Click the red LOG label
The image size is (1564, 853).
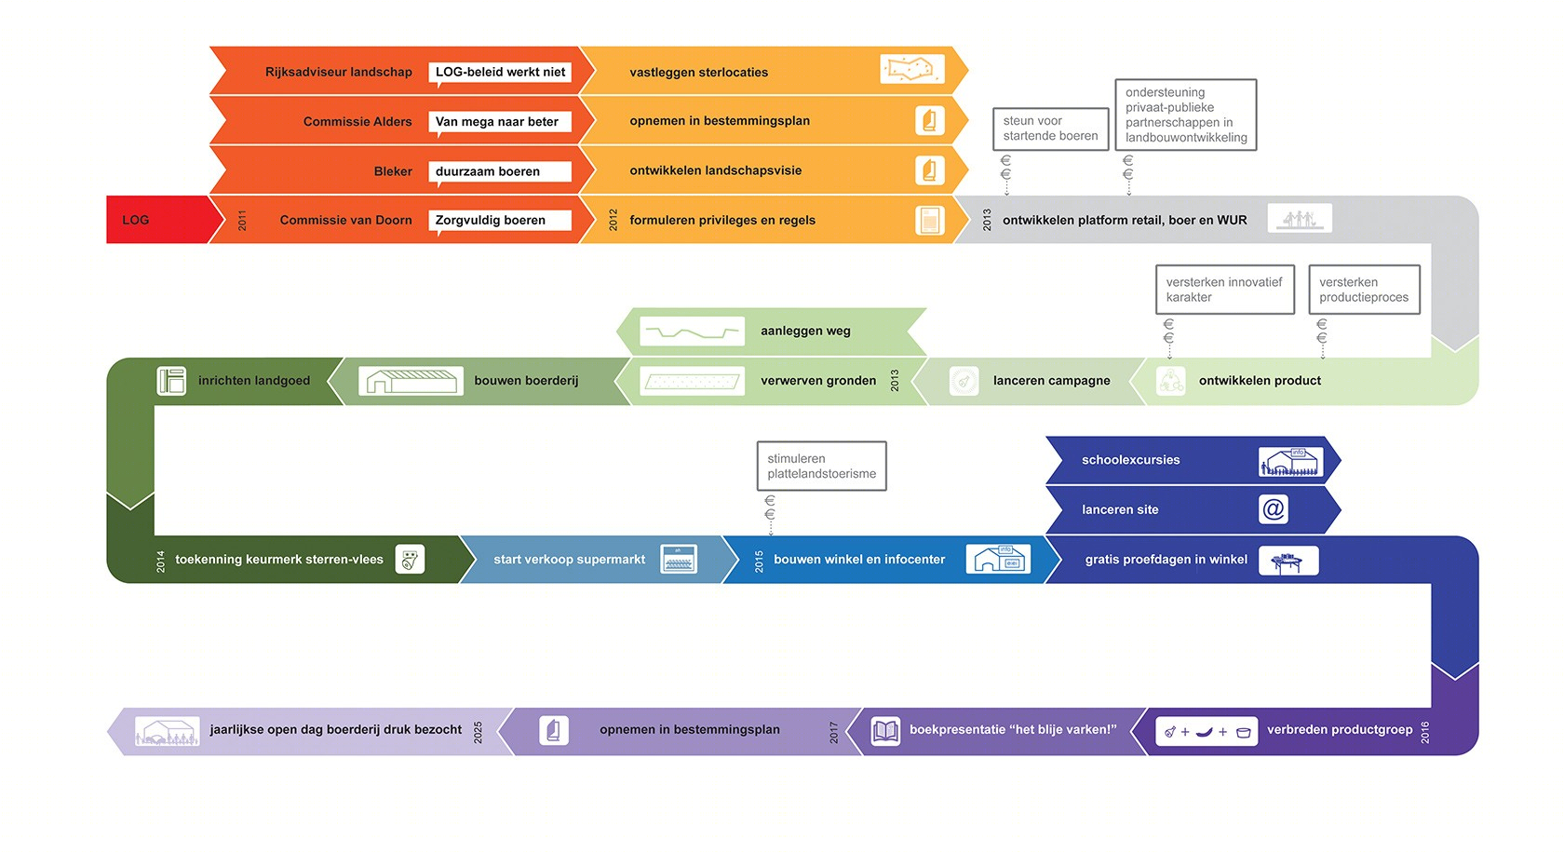point(136,220)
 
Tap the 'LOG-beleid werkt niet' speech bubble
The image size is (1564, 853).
point(500,73)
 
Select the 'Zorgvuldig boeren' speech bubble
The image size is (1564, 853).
point(500,221)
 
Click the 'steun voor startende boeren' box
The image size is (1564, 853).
point(1051,129)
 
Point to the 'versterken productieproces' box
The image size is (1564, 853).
point(1365,290)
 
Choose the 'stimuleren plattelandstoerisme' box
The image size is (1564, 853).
point(822,466)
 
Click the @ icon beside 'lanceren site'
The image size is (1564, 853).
point(1274,509)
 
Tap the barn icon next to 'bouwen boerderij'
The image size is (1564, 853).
point(411,382)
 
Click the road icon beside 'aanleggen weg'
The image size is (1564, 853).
point(692,332)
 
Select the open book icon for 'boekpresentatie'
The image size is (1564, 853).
point(885,731)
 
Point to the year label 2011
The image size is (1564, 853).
point(242,220)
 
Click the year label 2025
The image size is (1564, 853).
point(478,732)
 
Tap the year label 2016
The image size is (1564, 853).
point(1425,732)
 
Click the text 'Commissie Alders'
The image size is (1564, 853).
point(357,122)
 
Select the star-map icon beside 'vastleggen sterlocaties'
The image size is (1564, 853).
point(912,70)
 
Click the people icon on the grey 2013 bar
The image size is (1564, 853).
point(1300,218)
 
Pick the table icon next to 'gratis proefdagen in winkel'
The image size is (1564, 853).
point(1288,561)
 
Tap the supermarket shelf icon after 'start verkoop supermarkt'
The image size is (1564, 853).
point(679,560)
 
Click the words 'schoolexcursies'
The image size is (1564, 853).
point(1130,460)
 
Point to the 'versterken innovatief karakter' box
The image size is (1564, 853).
point(1225,290)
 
